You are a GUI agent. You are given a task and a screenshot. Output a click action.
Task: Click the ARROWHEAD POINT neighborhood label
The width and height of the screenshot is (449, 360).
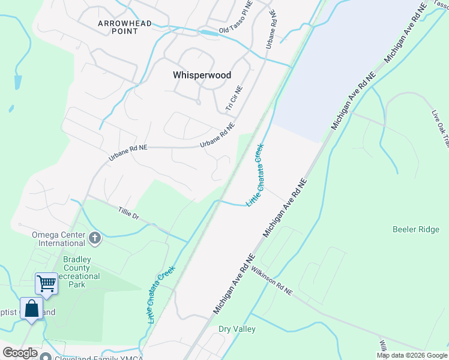(x=125, y=28)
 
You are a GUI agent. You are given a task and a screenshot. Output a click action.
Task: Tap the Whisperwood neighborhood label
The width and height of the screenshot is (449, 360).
(x=202, y=75)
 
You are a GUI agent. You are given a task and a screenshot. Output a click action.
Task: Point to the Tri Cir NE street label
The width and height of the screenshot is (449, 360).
(x=234, y=98)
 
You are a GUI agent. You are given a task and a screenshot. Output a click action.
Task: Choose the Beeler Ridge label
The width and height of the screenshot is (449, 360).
(x=415, y=229)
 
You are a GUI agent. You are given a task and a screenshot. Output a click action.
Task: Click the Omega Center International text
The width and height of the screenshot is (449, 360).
(x=58, y=239)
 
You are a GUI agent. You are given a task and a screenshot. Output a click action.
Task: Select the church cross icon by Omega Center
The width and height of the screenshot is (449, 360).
(x=94, y=239)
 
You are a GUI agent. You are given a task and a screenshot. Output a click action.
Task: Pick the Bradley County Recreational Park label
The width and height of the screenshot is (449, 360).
(x=82, y=271)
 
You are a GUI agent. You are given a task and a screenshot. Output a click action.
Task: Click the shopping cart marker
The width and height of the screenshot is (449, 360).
(x=46, y=283)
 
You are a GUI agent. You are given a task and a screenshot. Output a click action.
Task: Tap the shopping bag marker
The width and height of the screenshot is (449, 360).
(x=32, y=308)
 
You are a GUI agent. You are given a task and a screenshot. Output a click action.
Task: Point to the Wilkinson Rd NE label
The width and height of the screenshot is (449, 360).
(x=271, y=280)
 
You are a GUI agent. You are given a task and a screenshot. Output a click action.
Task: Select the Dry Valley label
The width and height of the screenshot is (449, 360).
(x=237, y=329)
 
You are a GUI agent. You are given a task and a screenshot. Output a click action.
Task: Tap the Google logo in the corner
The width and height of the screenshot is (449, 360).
(x=20, y=353)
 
